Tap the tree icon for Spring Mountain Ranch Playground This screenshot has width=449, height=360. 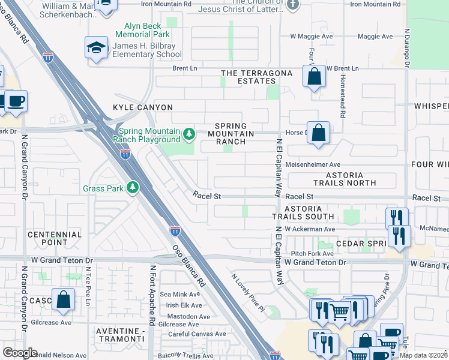[189, 133]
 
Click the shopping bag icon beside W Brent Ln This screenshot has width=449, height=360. [314, 76]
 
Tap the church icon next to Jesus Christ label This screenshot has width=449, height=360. [292, 5]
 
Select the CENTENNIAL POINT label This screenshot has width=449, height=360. [55, 238]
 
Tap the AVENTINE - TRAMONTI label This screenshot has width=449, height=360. [124, 335]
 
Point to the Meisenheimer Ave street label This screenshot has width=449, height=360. [313, 164]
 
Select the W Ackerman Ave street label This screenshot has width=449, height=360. [310, 229]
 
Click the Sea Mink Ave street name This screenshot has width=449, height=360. [179, 295]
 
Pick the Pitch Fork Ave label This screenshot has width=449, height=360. [313, 254]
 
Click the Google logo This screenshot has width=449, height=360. [20, 353]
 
